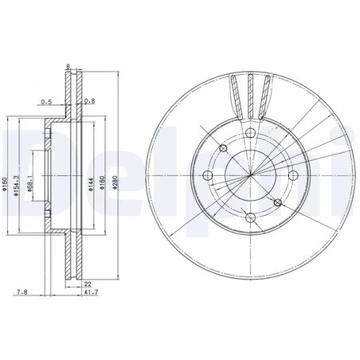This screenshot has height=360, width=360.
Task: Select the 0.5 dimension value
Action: point(46,101)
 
